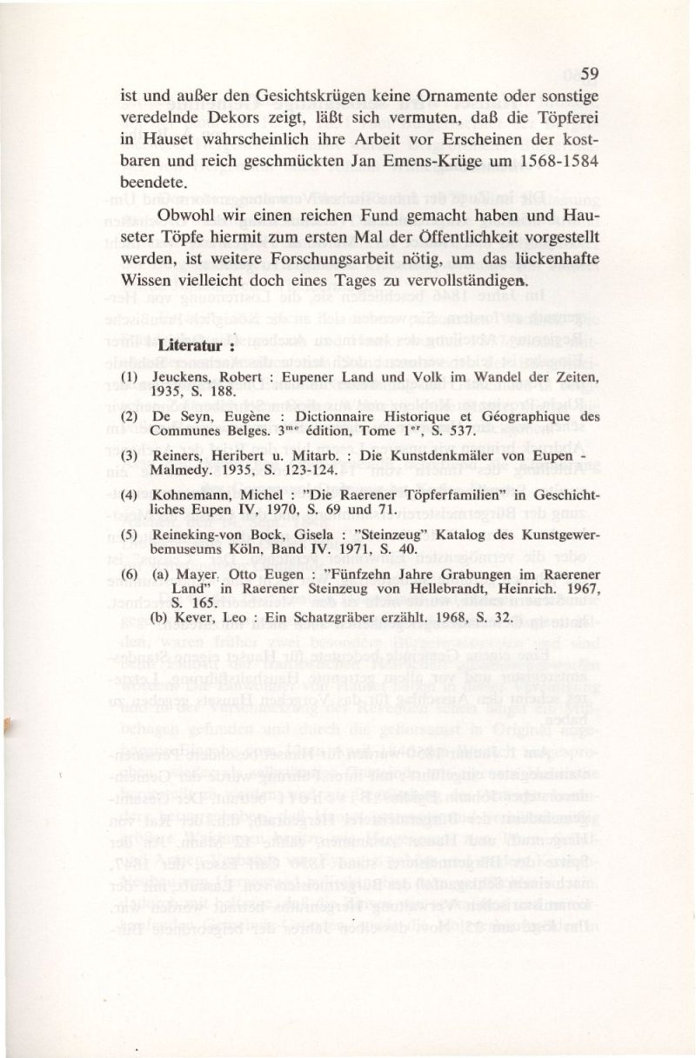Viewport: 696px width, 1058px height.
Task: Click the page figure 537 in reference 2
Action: pos(458,431)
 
